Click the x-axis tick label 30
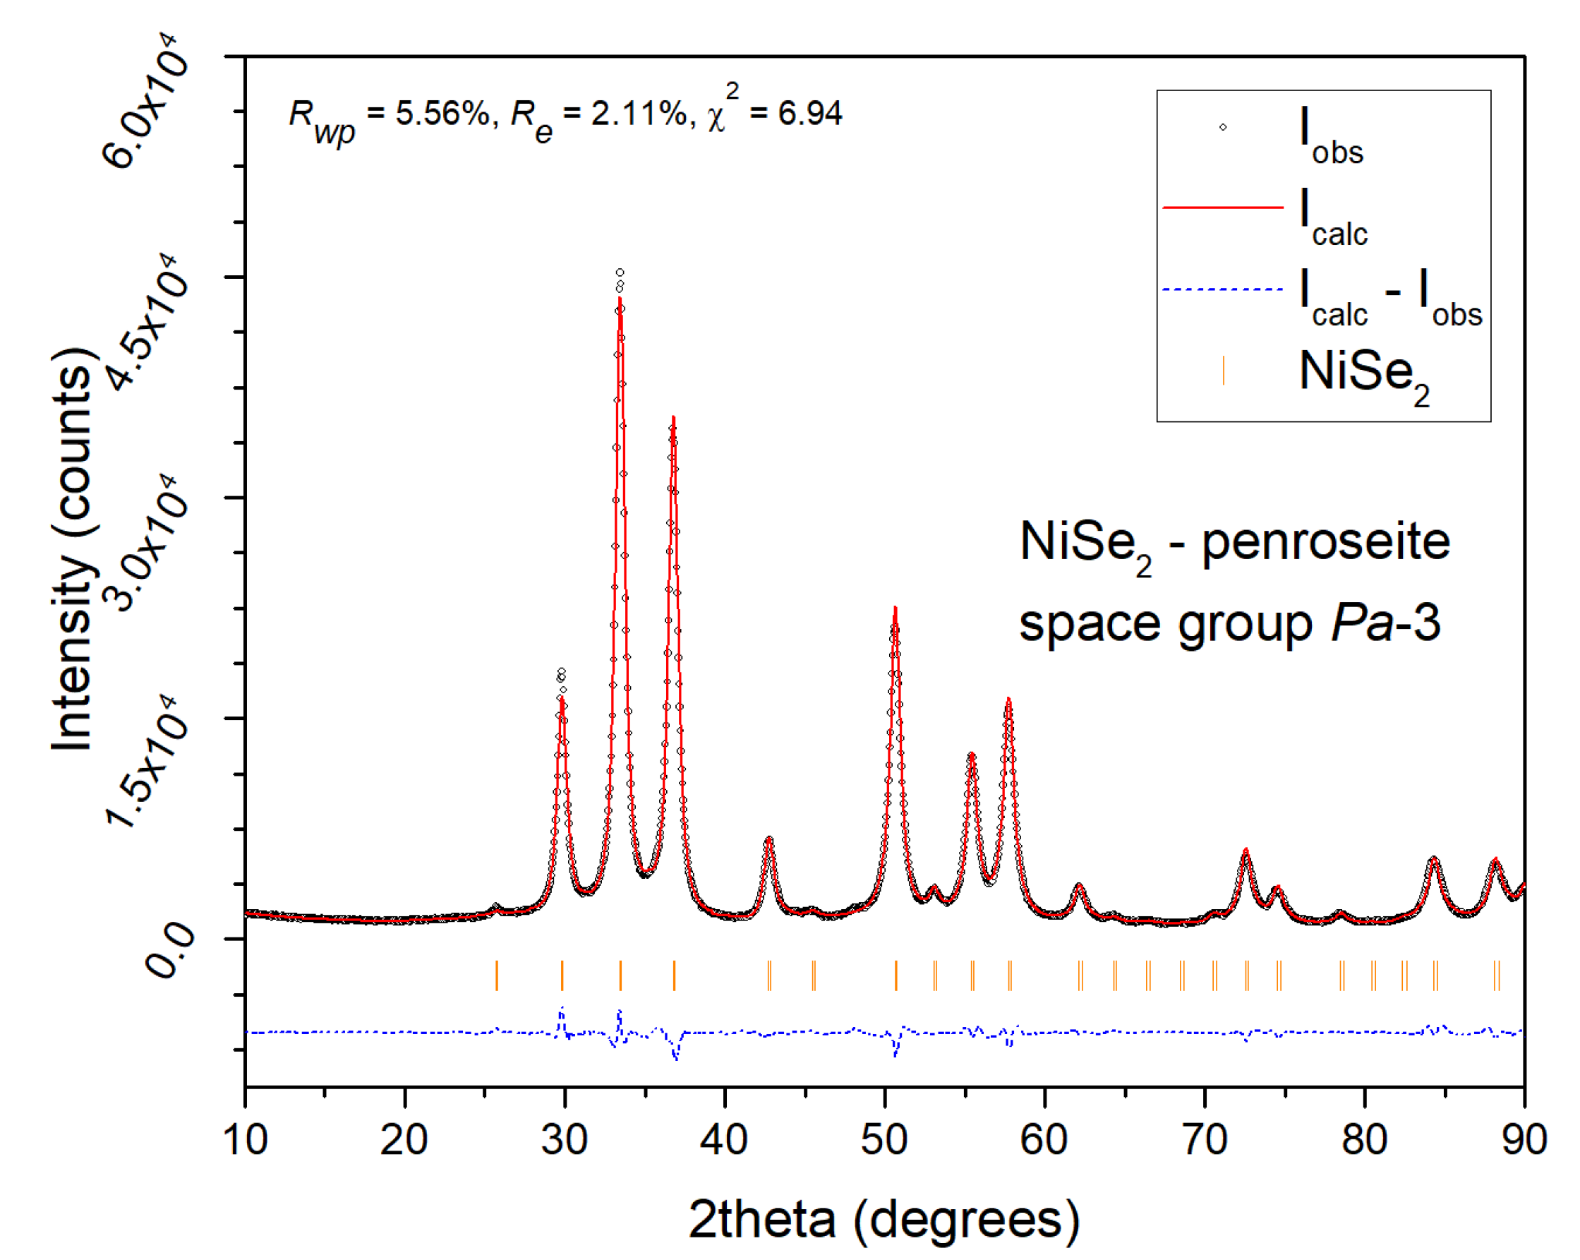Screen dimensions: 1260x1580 [565, 1141]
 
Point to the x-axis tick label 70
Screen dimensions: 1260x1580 [1204, 1141]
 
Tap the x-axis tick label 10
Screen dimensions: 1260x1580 [245, 1141]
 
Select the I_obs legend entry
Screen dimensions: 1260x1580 [1330, 136]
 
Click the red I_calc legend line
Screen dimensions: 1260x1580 [1222, 208]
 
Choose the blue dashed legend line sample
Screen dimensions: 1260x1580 [1222, 289]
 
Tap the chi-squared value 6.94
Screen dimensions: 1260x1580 [810, 114]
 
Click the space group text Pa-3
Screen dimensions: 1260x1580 [1385, 623]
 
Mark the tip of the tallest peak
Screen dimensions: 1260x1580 [620, 272]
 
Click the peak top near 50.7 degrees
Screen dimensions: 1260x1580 [895, 608]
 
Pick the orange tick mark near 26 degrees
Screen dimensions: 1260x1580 [497, 976]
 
